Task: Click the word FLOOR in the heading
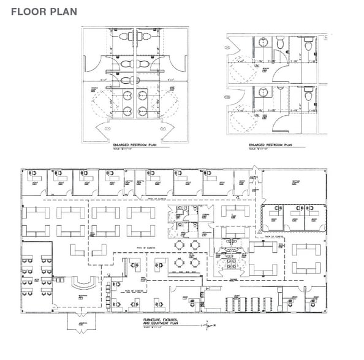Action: (x=26, y=11)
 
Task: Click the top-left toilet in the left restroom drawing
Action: (x=123, y=37)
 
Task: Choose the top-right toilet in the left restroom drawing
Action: (x=147, y=37)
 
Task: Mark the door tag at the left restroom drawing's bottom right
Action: (x=162, y=129)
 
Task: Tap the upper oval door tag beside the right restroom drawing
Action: (x=228, y=44)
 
